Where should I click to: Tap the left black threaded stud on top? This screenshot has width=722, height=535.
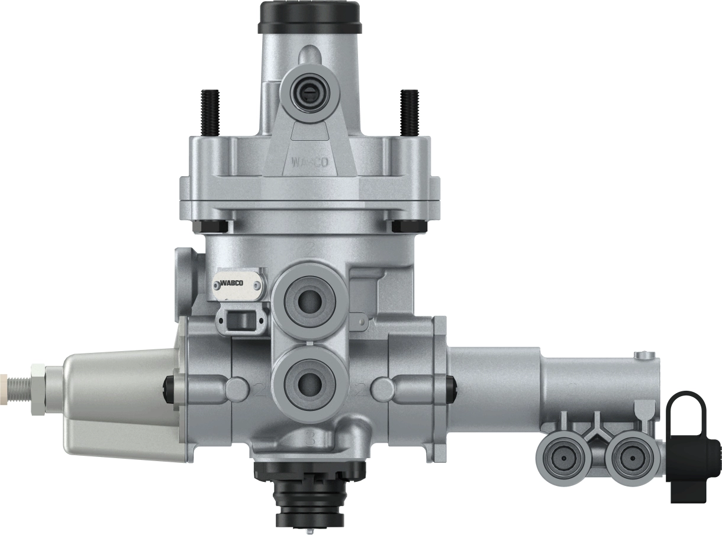pyautogui.click(x=210, y=112)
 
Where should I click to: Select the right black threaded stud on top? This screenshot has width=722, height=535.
pyautogui.click(x=410, y=112)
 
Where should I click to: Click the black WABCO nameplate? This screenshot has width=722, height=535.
pyautogui.click(x=238, y=284)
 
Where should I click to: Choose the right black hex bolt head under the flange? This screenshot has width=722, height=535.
pyautogui.click(x=410, y=226)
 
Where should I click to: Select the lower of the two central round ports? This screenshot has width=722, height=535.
pyautogui.click(x=310, y=384)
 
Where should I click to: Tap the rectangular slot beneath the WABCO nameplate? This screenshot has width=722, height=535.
pyautogui.click(x=240, y=321)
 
